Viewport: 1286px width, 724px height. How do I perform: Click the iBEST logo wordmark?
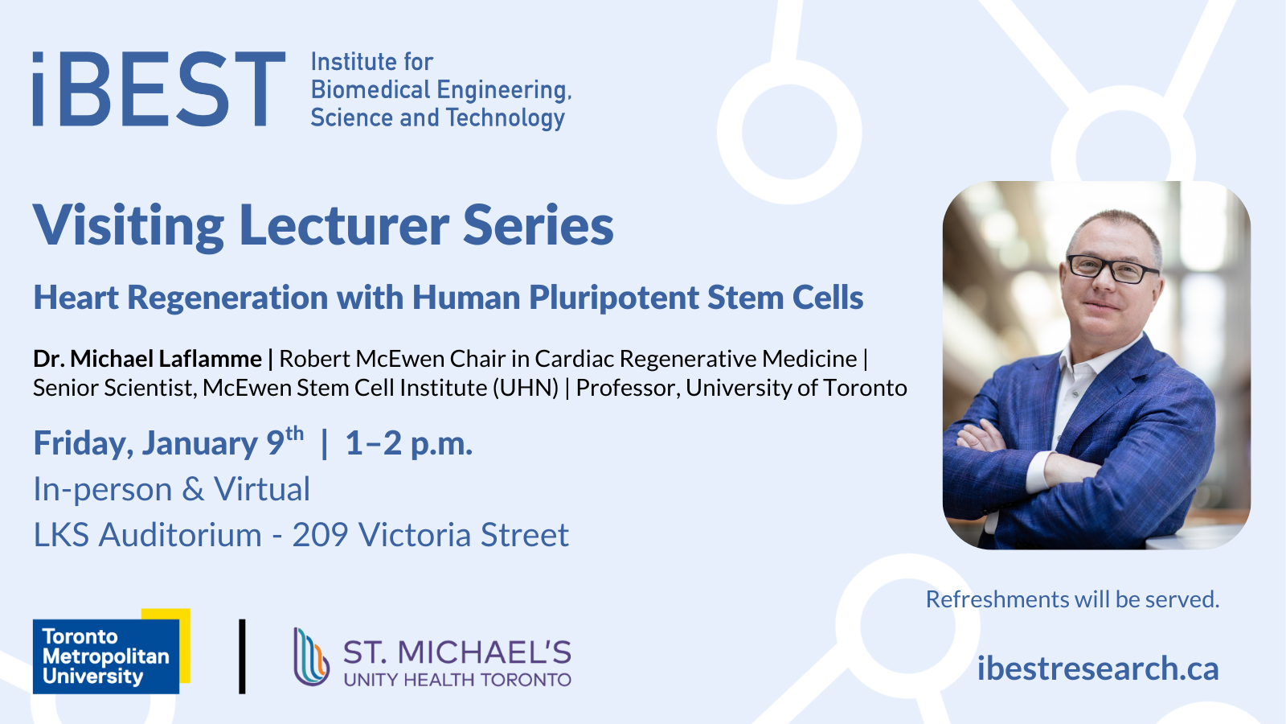159,89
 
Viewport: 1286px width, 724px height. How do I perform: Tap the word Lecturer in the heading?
343,224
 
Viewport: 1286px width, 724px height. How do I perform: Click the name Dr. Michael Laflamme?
148,359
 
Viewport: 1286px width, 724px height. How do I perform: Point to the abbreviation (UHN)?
526,388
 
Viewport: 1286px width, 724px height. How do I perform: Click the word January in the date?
200,443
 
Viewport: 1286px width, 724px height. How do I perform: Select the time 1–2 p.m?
409,443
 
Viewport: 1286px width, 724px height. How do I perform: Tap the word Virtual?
262,489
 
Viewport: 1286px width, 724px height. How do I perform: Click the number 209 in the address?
321,535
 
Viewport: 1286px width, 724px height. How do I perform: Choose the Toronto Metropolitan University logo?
112,651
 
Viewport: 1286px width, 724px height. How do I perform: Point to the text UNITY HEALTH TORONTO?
457,681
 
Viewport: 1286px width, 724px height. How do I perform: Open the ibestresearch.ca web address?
1098,668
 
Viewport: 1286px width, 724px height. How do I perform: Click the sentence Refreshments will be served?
1072,599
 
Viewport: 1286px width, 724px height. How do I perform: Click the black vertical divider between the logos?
242,656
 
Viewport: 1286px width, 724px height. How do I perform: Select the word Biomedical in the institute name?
371,89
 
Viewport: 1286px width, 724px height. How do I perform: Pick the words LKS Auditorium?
148,535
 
